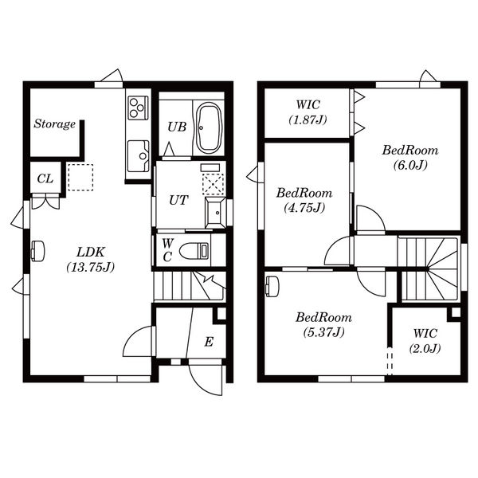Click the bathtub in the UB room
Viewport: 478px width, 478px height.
click(209, 127)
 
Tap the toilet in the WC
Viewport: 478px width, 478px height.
click(194, 251)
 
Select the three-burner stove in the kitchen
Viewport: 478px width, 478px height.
click(138, 108)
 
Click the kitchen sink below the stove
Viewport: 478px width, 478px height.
click(139, 156)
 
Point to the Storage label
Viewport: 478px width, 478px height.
click(55, 123)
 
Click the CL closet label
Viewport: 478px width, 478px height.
click(45, 178)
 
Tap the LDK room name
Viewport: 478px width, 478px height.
click(91, 252)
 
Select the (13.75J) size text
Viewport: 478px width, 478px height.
click(91, 267)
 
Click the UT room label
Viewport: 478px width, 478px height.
click(178, 200)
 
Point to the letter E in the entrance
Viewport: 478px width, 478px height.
click(209, 342)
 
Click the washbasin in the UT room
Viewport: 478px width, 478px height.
click(216, 213)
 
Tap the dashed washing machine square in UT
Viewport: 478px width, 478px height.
click(213, 185)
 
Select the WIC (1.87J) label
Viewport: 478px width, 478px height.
click(308, 112)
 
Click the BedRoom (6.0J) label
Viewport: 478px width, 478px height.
click(410, 158)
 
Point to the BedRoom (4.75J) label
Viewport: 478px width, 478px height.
click(304, 200)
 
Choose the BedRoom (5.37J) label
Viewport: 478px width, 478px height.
click(323, 325)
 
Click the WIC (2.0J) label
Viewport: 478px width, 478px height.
click(425, 340)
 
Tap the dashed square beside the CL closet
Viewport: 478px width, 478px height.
click(80, 178)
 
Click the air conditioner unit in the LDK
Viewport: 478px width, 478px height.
click(37, 251)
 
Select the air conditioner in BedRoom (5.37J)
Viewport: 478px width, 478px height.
click(272, 286)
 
